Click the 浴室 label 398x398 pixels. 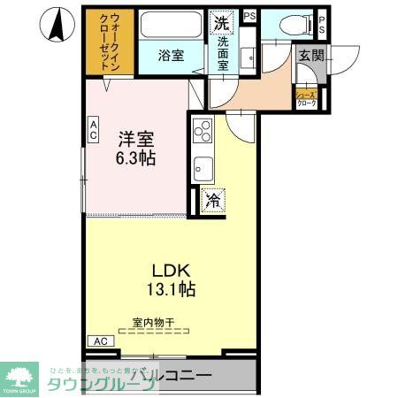click(172, 56)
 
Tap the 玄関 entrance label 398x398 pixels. click(310, 56)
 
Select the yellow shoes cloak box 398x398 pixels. click(306, 97)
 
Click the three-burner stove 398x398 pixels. click(200, 130)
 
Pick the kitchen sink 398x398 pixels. click(202, 166)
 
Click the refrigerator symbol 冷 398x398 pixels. click(212, 200)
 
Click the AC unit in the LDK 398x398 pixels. click(100, 341)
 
